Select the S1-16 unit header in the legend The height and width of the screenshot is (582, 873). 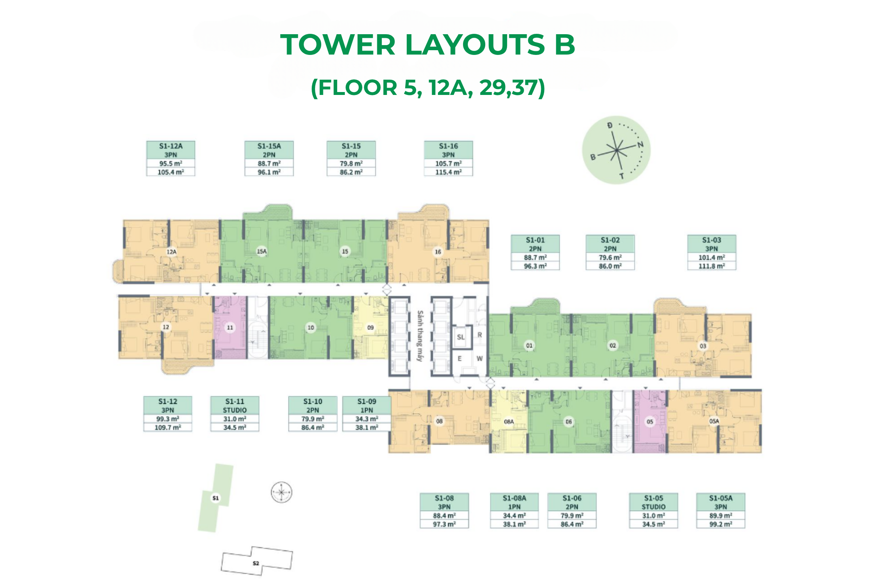[x=449, y=146]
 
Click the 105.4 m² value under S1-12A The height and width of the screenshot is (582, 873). [x=171, y=172]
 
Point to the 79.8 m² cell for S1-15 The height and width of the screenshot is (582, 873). [x=351, y=163]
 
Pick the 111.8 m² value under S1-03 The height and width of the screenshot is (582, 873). [x=711, y=266]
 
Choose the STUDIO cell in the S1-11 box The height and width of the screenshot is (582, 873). [x=235, y=410]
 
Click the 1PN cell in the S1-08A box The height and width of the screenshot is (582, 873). [x=514, y=507]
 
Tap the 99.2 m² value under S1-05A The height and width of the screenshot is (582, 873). [x=721, y=524]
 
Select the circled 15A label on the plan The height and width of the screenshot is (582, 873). [x=262, y=251]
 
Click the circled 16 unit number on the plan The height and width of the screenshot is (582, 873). [x=438, y=252]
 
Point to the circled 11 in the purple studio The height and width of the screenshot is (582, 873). [x=230, y=327]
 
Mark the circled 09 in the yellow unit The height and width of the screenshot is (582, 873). [x=370, y=327]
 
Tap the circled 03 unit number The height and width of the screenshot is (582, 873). [x=703, y=346]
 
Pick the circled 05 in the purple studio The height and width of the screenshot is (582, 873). [x=650, y=422]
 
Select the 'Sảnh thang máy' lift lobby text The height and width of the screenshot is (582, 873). [x=420, y=336]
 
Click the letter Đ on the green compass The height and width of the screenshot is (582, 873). [x=610, y=125]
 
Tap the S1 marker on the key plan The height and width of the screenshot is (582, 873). [x=216, y=498]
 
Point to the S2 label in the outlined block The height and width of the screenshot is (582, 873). [x=256, y=563]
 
